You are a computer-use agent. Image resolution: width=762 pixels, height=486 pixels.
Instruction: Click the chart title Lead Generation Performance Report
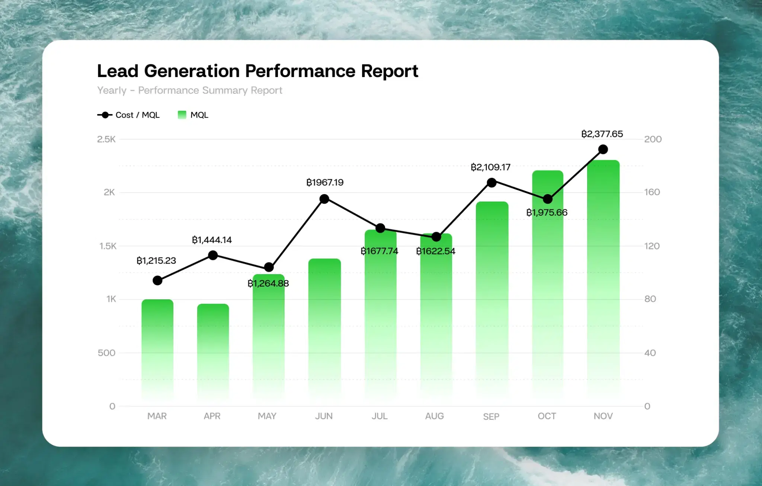257,71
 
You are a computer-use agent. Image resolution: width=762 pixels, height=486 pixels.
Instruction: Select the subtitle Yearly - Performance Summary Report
189,90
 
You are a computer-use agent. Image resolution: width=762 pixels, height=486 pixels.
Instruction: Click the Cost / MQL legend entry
128,115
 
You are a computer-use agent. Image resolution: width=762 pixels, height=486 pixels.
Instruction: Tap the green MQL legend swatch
182,115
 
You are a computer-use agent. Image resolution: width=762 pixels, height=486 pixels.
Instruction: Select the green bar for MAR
157,350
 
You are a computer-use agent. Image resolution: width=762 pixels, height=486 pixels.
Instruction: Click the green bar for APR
213,351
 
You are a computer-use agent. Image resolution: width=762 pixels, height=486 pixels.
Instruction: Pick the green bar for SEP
492,301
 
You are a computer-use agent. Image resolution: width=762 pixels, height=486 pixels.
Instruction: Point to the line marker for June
324,199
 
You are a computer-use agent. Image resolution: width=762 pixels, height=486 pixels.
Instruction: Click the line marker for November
603,149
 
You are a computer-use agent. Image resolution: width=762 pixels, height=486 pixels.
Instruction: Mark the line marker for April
213,255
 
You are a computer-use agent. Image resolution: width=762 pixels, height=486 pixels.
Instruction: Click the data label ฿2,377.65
602,134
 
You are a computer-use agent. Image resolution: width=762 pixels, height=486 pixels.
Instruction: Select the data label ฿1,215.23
156,261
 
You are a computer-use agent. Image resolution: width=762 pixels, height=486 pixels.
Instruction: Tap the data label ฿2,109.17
490,167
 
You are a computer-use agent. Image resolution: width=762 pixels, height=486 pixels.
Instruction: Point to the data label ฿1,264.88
268,283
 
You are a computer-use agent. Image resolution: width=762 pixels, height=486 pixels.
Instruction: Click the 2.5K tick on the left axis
106,139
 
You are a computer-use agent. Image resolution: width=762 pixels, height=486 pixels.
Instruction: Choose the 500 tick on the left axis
106,353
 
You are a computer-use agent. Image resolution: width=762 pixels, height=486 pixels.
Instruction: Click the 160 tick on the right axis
652,192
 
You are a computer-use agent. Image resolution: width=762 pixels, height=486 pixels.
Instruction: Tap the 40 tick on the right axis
650,353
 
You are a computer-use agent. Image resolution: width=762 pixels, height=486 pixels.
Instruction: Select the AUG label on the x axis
435,416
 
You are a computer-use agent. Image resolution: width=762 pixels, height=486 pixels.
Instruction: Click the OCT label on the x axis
547,416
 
